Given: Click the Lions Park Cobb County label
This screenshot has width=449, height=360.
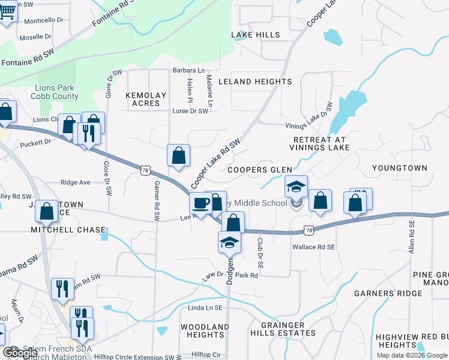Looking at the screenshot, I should click(x=57, y=92).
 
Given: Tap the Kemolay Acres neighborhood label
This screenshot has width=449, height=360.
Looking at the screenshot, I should click(x=143, y=99).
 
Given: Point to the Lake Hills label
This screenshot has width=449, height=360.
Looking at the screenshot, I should click(x=256, y=35).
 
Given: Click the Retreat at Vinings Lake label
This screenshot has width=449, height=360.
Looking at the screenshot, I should click(x=319, y=143).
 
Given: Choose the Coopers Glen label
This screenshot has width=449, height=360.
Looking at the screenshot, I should click(x=259, y=170).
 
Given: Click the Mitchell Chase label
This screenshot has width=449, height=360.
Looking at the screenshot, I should click(x=69, y=230).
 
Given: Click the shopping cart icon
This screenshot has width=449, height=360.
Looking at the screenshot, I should click(x=7, y=11).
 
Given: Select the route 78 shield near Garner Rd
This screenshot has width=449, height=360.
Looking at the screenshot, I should click(x=145, y=170).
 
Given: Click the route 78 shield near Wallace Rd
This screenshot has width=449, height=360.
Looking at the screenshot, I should click(x=309, y=230).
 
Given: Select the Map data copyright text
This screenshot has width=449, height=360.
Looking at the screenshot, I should click(x=412, y=355).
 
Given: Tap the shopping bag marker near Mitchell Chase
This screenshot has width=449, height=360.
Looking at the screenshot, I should click(x=47, y=212).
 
